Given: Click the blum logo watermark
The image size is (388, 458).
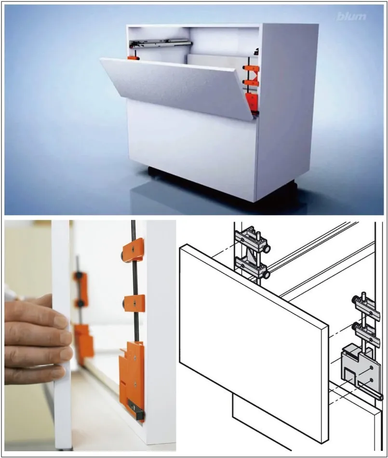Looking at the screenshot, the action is point(351,16).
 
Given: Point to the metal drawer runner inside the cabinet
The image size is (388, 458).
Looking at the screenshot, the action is point(161,43).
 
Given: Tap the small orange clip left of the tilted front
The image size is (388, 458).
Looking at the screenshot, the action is point(133,58).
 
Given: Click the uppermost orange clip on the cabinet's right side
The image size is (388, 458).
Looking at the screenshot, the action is point(252,69).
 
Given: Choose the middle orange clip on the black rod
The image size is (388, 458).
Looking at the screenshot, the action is point(134,303).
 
